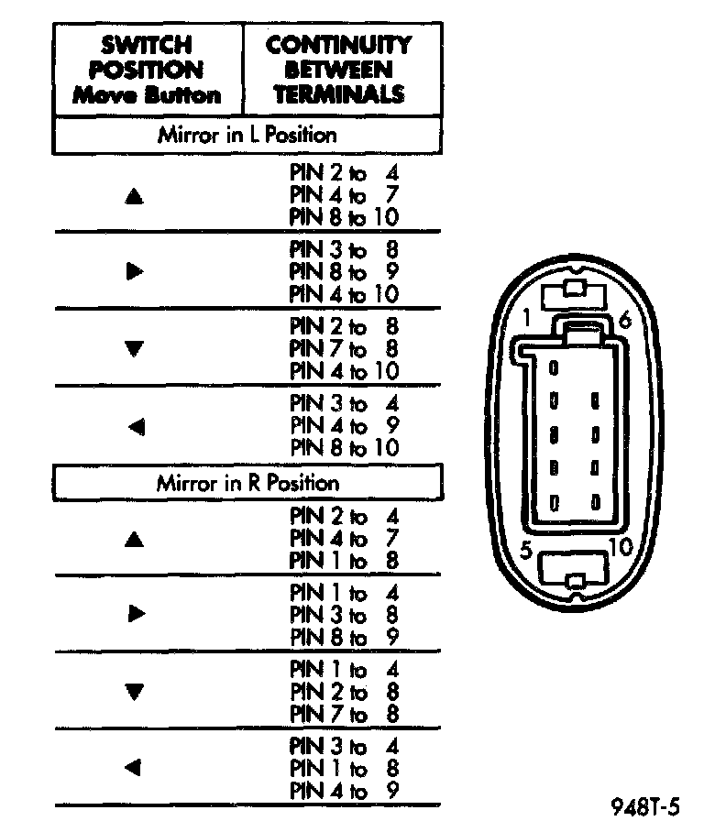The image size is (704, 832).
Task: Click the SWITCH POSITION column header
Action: (x=148, y=70)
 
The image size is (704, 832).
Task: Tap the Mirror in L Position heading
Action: (x=247, y=136)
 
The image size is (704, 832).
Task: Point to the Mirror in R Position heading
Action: (x=247, y=483)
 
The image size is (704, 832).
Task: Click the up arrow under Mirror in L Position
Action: (x=136, y=195)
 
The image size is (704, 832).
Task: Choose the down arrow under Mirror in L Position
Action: (x=136, y=348)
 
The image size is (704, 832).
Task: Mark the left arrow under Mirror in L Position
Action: (x=136, y=426)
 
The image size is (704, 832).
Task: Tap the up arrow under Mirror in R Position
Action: (x=136, y=540)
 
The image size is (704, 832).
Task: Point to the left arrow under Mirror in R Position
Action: (x=136, y=768)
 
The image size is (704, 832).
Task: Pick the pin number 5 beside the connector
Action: (x=526, y=552)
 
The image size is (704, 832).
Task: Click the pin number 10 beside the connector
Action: (x=620, y=548)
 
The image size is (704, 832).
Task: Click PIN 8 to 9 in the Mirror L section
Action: (x=344, y=272)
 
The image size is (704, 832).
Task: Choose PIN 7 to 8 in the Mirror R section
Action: (x=344, y=714)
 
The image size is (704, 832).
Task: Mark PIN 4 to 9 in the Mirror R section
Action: (x=344, y=790)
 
